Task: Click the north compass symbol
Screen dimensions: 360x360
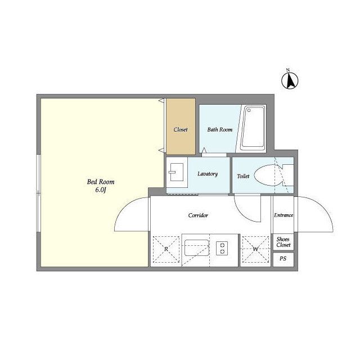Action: click(x=290, y=80)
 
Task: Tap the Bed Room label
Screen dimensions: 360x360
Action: click(x=101, y=182)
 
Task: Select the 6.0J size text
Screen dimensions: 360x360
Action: click(x=100, y=190)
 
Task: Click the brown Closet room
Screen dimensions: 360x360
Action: click(x=181, y=127)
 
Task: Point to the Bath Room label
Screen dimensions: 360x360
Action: click(x=220, y=129)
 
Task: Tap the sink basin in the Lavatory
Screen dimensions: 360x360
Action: click(x=176, y=172)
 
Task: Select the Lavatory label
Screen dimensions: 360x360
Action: click(x=208, y=174)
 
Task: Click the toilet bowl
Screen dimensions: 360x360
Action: click(x=268, y=175)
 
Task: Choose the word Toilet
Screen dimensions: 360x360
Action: click(x=243, y=176)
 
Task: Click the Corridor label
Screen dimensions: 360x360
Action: click(x=198, y=215)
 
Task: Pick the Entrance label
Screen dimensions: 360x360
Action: click(x=283, y=215)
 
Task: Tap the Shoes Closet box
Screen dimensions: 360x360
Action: click(x=283, y=242)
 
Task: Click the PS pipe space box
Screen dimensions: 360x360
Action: click(x=283, y=259)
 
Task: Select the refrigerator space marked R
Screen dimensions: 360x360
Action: click(x=166, y=249)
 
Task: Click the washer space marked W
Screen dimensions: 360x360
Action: click(x=255, y=249)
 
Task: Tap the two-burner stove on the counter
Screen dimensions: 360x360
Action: click(x=222, y=248)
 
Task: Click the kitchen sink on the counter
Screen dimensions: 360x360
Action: click(x=197, y=248)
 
